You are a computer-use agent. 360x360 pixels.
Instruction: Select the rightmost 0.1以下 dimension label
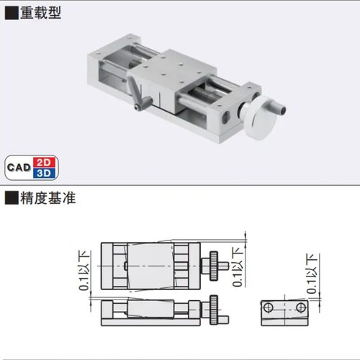[x=312, y=274]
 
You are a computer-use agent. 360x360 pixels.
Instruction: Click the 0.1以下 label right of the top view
[x=238, y=266]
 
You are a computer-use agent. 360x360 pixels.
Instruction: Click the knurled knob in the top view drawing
[x=213, y=264]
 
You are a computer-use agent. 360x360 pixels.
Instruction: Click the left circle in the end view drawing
[x=267, y=308]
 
